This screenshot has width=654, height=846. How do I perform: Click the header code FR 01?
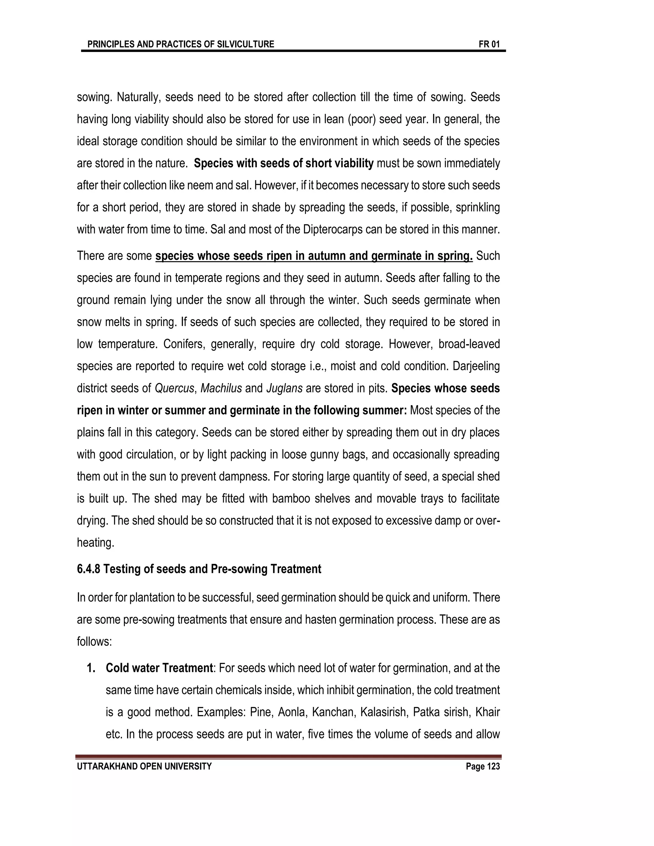click(x=489, y=44)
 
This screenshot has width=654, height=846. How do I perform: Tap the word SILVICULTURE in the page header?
click(x=245, y=44)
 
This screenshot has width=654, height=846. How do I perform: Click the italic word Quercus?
click(x=174, y=389)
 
